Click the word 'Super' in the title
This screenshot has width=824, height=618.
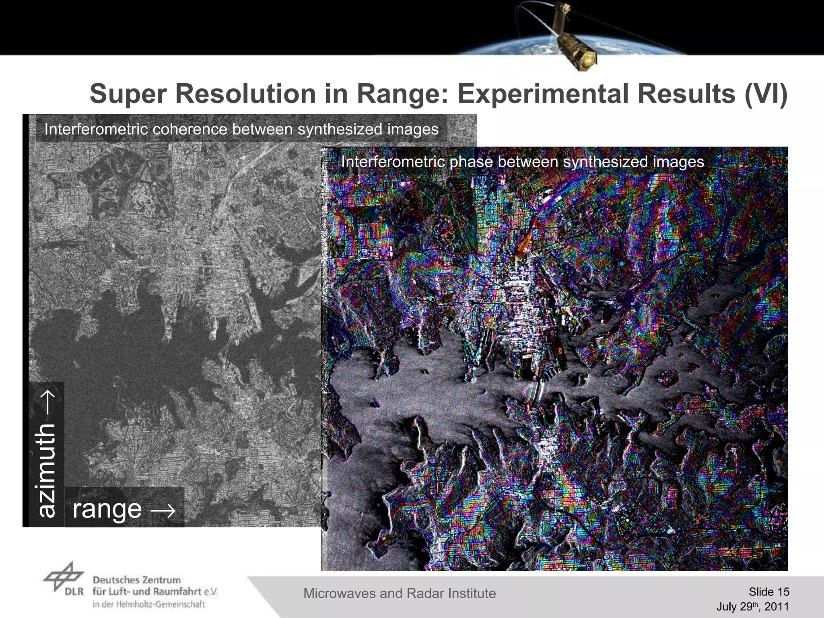[128, 94]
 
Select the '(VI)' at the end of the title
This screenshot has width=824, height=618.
[765, 94]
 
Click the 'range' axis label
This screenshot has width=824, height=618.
[107, 509]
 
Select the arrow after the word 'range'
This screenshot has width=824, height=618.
[163, 510]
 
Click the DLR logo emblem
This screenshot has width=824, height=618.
[64, 577]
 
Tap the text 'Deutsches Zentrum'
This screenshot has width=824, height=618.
[137, 580]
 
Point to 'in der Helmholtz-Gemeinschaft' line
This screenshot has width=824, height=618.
[148, 604]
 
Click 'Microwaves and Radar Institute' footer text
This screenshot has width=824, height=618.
[399, 593]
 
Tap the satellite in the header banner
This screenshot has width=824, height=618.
[571, 38]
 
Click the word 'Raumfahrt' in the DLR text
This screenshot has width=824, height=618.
[177, 591]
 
